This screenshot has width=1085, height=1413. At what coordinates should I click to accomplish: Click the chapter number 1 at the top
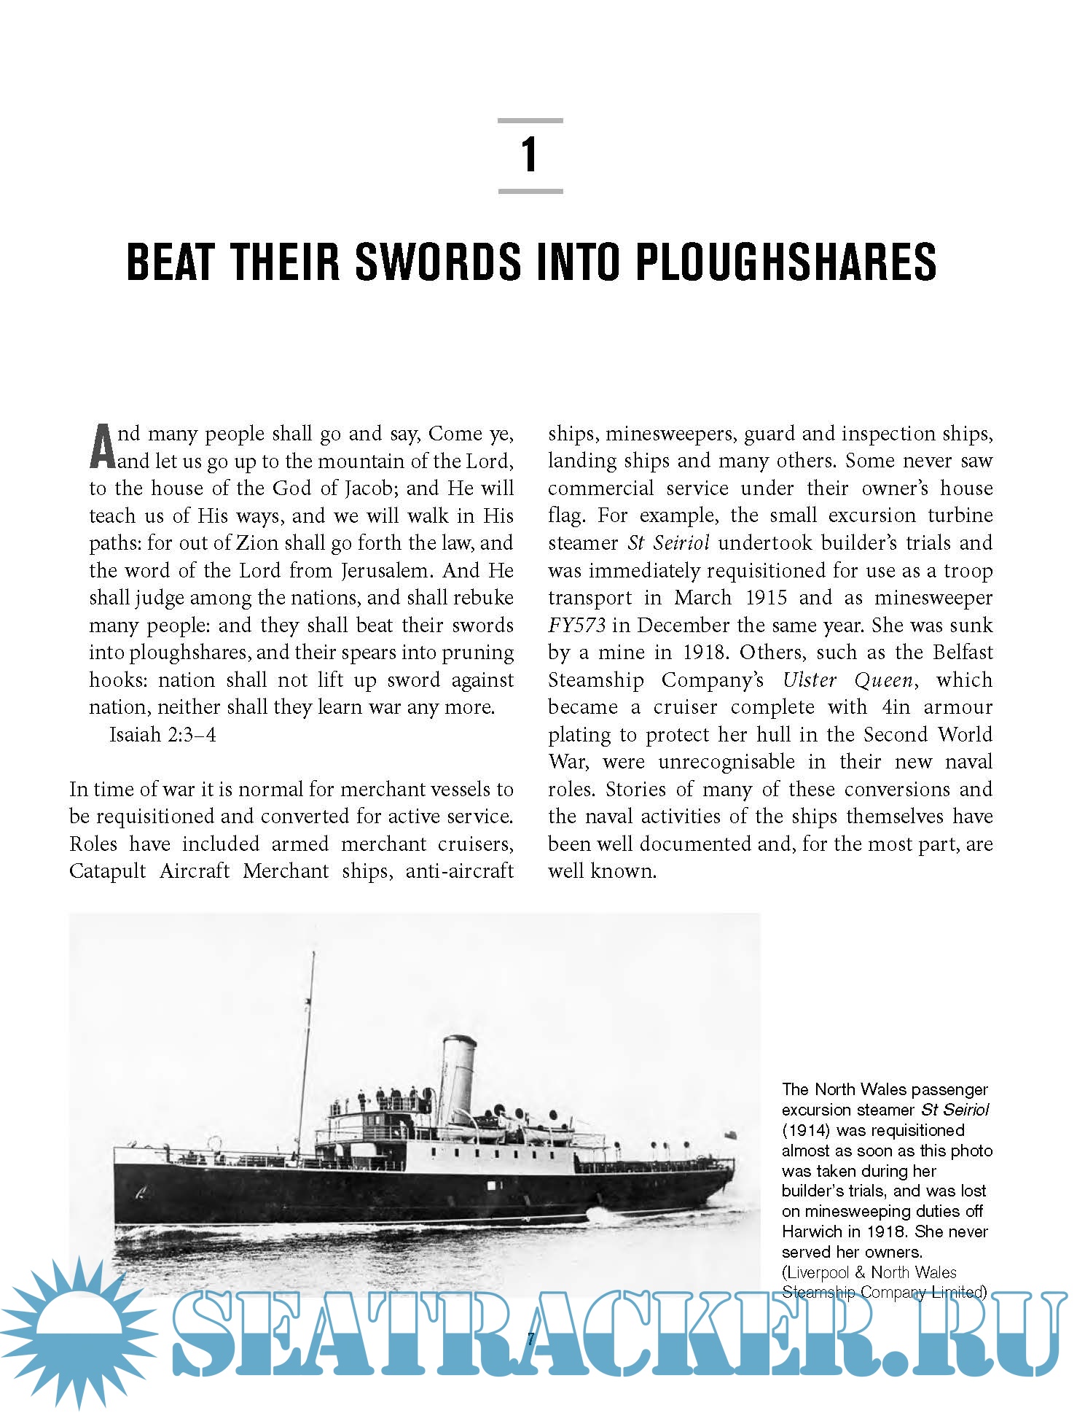coord(530,155)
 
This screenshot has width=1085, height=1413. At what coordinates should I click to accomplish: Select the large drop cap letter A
coord(102,446)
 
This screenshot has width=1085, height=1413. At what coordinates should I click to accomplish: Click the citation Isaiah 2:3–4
coord(162,735)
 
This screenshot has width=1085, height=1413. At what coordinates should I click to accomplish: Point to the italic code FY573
coord(576,626)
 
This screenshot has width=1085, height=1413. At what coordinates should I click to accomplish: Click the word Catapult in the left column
coord(107,871)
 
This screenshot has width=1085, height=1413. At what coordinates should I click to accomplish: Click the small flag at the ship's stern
coord(731,1135)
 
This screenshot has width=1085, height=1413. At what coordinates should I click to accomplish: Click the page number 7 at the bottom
coord(530,1339)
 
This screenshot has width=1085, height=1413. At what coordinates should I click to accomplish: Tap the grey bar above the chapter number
coord(530,120)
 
